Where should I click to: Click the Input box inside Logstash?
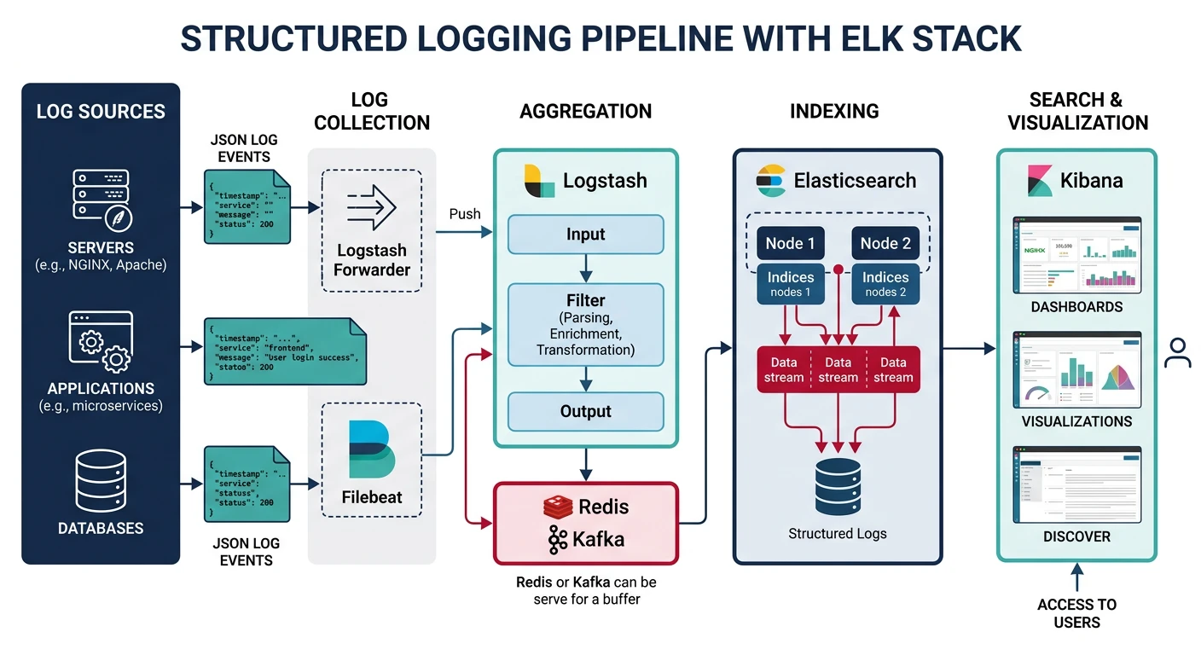[585, 235]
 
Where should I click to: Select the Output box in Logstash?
[585, 411]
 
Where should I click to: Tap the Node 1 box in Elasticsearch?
[790, 243]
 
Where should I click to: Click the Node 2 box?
[885, 243]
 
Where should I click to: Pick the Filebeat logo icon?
[371, 449]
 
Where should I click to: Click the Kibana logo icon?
[1038, 180]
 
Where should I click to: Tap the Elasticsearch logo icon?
[770, 180]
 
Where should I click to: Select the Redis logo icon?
[557, 507]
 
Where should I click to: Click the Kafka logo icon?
[558, 540]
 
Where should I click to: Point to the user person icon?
[1177, 352]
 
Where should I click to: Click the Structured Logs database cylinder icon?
[838, 487]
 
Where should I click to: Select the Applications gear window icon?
[101, 343]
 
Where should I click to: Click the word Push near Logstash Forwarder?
[465, 214]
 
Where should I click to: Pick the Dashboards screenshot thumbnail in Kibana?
[1076, 254]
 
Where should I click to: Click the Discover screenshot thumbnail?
[1076, 484]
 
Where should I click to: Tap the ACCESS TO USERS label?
[1076, 613]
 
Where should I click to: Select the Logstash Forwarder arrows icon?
[372, 210]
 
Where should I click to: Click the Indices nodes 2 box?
[885, 284]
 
